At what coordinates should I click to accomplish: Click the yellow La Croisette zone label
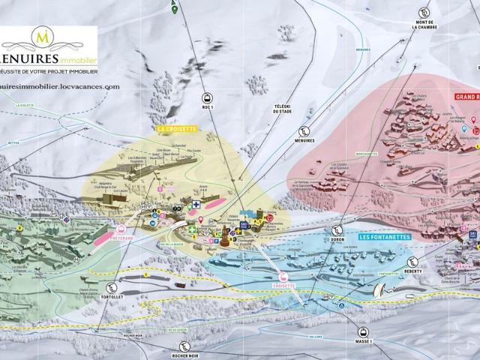[x=176, y=128]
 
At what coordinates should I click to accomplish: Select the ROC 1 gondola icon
[x=206, y=97]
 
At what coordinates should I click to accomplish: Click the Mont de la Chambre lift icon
[x=424, y=13]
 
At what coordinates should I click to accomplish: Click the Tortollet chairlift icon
[x=112, y=287]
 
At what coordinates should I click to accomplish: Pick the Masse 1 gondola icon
[x=362, y=331]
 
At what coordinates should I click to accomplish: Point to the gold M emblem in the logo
[x=43, y=36]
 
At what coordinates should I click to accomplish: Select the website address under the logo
[x=60, y=86]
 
